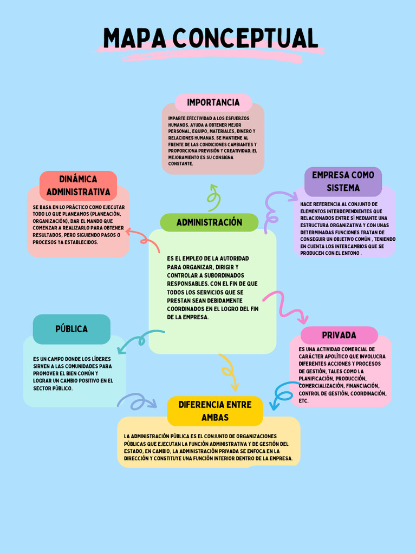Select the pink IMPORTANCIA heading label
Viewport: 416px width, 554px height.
[213, 102]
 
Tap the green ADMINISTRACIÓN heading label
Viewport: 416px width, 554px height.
[209, 222]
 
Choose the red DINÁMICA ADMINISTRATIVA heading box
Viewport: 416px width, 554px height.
[78, 186]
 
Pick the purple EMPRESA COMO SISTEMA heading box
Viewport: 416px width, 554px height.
[343, 181]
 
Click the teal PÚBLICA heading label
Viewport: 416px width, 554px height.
[71, 329]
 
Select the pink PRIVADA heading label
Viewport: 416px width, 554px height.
[339, 335]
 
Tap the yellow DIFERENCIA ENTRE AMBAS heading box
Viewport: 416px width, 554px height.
[215, 411]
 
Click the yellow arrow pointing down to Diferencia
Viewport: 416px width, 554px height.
[229, 372]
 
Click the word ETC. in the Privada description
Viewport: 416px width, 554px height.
[303, 401]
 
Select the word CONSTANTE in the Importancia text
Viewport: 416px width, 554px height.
[180, 163]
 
